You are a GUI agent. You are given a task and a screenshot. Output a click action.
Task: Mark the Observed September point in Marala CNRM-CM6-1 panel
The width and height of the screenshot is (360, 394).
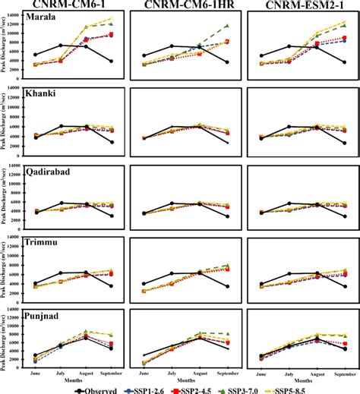(x=112, y=61)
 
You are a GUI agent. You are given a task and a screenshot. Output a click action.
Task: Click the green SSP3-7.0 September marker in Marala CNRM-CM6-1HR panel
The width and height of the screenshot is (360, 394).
(x=226, y=26)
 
